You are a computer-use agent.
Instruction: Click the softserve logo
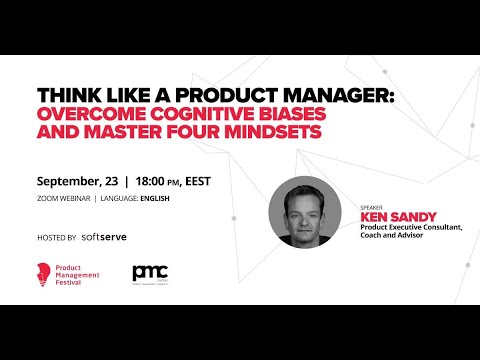[104, 237]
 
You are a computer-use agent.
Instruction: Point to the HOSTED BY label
[56, 238]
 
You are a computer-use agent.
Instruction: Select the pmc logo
[150, 273]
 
